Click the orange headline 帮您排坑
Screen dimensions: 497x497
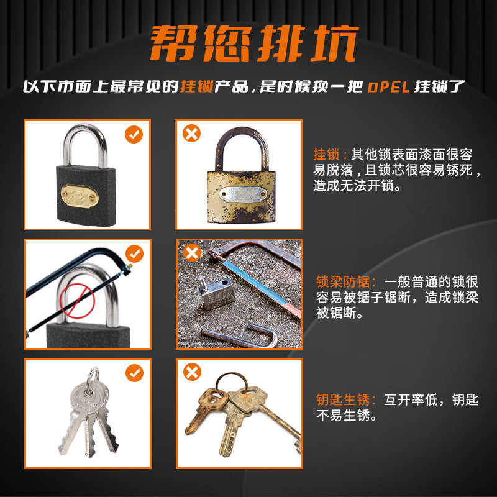coord(254,43)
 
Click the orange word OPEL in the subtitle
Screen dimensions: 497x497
coord(389,87)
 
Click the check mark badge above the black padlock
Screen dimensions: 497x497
coord(134,134)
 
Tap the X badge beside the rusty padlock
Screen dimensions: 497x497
coord(192,133)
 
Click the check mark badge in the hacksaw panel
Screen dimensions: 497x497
coord(134,253)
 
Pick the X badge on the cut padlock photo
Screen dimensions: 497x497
coord(192,252)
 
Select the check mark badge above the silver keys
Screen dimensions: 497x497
coord(134,373)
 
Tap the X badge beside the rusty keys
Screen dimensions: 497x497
coord(192,372)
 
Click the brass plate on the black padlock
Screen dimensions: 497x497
coord(80,196)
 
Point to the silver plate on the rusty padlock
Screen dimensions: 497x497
coord(243,194)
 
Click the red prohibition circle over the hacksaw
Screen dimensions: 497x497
coord(77,301)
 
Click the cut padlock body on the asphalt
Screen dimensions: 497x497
coord(216,293)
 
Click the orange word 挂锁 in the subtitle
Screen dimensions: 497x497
coord(197,86)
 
